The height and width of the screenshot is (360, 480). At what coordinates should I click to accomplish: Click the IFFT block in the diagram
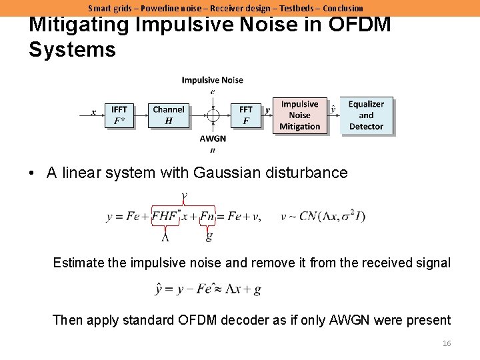click(x=119, y=115)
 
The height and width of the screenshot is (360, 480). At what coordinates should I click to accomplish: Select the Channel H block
click(x=169, y=115)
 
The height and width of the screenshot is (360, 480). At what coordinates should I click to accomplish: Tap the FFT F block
click(x=246, y=115)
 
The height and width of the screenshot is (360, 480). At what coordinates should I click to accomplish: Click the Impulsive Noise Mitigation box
click(x=300, y=115)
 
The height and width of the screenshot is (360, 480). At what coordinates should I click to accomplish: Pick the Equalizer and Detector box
click(x=366, y=115)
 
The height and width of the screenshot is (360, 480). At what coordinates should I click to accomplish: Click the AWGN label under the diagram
click(x=213, y=139)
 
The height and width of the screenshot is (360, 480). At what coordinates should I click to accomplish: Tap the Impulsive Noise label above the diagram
click(x=213, y=80)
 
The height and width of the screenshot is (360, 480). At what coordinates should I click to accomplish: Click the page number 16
click(x=447, y=343)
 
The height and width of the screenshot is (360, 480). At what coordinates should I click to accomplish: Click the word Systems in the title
click(x=72, y=49)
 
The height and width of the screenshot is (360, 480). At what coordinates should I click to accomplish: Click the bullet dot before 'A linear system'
click(x=31, y=173)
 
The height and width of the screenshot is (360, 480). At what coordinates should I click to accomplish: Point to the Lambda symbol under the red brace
click(x=165, y=236)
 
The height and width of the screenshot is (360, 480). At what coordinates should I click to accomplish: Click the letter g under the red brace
click(x=209, y=236)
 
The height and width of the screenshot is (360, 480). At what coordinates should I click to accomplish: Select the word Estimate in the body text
click(x=79, y=263)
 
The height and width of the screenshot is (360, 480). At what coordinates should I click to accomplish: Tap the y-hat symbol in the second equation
click(x=159, y=289)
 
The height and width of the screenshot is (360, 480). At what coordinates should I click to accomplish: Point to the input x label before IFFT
click(x=93, y=113)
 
